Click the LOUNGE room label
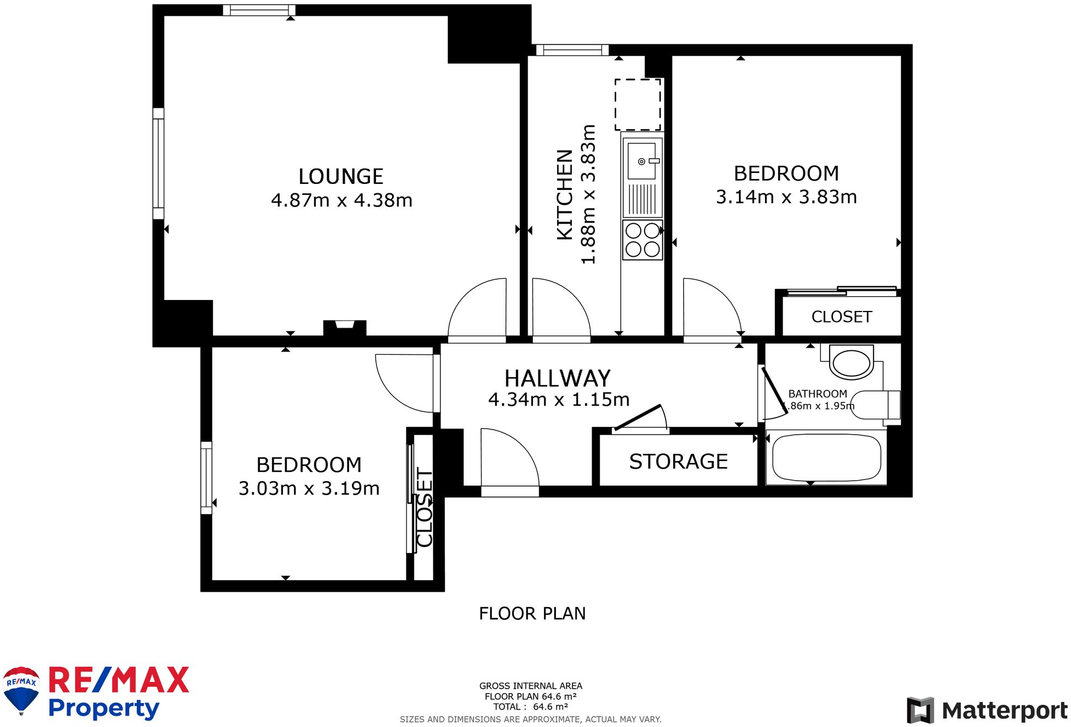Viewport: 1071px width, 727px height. tap(340, 176)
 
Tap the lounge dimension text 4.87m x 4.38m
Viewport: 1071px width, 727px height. tap(341, 200)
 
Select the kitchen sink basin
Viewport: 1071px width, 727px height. tap(641, 159)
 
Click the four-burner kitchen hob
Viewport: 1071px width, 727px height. tap(642, 240)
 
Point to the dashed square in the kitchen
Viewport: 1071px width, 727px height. tap(638, 105)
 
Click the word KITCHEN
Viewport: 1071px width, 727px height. tap(565, 194)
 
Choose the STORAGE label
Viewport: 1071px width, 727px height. tap(678, 461)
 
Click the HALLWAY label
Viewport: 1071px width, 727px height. tap(557, 378)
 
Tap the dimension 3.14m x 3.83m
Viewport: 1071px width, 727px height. tap(786, 197)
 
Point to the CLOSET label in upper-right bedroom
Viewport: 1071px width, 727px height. tap(841, 317)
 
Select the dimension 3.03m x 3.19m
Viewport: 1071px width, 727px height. tap(309, 488)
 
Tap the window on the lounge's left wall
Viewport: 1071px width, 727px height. tap(158, 164)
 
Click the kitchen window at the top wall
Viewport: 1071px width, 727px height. tap(572, 50)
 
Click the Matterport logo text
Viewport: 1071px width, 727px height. tap(1004, 711)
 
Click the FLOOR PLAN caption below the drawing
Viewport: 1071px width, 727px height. tap(532, 614)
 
